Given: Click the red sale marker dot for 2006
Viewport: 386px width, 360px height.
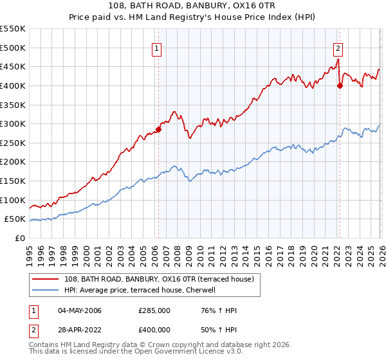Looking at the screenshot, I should click(158, 129).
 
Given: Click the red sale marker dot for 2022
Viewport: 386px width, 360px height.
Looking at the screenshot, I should click(340, 86).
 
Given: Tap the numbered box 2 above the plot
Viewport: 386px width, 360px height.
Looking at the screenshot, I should click(338, 47).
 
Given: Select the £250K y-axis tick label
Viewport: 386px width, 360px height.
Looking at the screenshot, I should click(13, 143).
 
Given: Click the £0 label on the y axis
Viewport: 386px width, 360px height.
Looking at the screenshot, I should click(20, 238).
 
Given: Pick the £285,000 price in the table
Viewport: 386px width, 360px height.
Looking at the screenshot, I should click(154, 310).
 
